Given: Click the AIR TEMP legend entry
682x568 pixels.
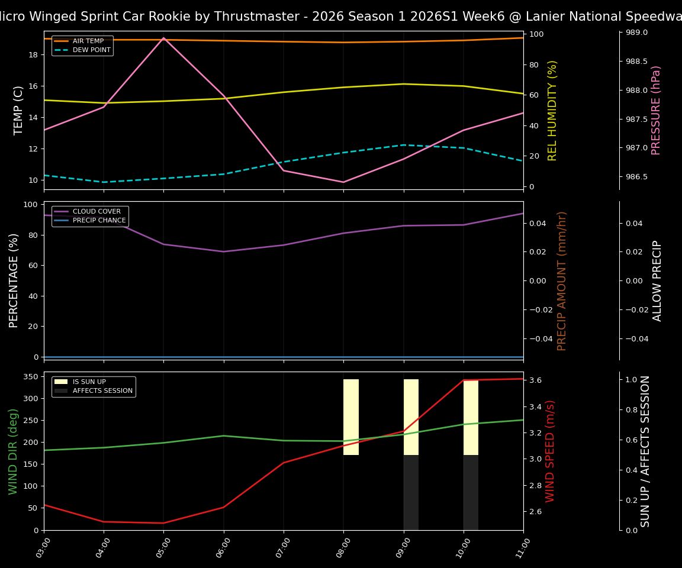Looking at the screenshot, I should pos(88,41).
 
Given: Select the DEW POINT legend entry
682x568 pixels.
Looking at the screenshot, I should pos(91,50).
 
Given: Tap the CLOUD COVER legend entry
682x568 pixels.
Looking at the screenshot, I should pos(96,212).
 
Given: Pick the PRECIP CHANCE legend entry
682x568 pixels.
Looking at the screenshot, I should pos(99,221).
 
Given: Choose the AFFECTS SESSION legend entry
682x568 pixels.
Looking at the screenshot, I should pos(102,391).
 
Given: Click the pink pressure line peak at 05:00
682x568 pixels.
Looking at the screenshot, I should pos(163,38).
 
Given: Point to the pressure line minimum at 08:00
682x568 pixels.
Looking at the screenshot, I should pos(343,182).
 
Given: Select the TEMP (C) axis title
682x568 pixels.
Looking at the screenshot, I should pos(19,110).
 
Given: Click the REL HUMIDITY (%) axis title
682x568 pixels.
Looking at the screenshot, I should pos(553,110).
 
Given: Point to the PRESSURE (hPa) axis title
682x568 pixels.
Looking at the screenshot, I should pos(656,110).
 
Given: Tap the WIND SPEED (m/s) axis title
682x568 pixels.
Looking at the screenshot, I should pos(551,451).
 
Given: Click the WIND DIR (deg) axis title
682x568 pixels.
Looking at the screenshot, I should pos(13,451).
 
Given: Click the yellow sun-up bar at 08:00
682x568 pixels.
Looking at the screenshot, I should pos(351,417).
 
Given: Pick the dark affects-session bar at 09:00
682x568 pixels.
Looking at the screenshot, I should pos(411,492).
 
